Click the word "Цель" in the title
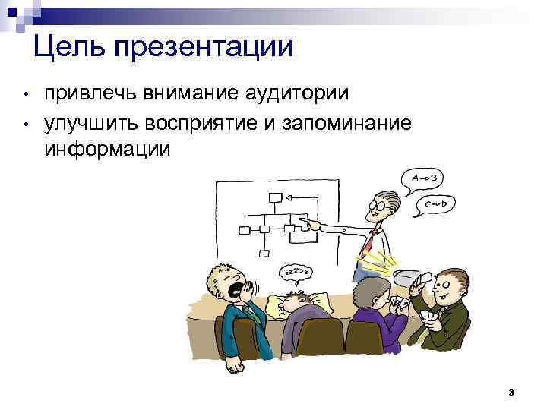click(x=70, y=47)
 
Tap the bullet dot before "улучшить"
click(x=25, y=123)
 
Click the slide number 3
click(x=511, y=392)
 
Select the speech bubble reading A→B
click(x=425, y=178)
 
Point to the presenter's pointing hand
click(x=310, y=223)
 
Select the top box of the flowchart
click(x=275, y=197)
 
